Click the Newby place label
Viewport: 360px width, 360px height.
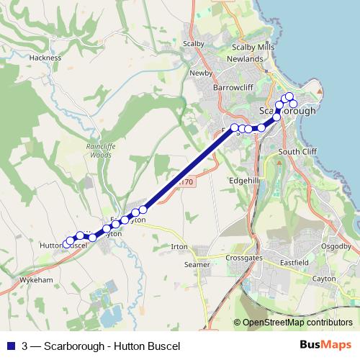pos(200,73)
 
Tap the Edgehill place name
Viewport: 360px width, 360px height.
pos(243,181)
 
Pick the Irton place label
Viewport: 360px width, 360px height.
pos(179,247)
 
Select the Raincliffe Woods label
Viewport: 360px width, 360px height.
pos(96,149)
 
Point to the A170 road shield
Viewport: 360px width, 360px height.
pos(186,183)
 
